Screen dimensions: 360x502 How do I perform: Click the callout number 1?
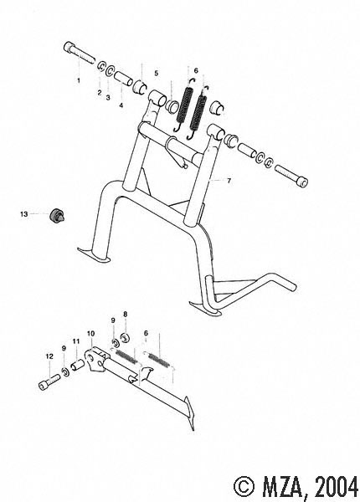pyautogui.click(x=79, y=80)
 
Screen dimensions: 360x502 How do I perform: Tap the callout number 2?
pyautogui.click(x=100, y=93)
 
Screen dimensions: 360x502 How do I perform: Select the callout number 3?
pyautogui.click(x=108, y=97)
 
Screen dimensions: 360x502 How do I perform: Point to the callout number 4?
pyautogui.click(x=121, y=105)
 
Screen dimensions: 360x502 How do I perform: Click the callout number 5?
pyautogui.click(x=156, y=74)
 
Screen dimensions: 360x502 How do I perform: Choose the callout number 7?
pyautogui.click(x=229, y=181)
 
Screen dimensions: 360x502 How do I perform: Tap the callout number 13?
pyautogui.click(x=24, y=214)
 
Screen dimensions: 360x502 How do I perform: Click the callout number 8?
pyautogui.click(x=126, y=314)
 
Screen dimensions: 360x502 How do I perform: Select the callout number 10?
pyautogui.click(x=91, y=334)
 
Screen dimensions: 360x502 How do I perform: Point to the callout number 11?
pyautogui.click(x=75, y=341)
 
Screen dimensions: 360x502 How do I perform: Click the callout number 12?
pyautogui.click(x=49, y=356)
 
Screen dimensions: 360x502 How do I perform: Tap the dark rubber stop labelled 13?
pyautogui.click(x=57, y=215)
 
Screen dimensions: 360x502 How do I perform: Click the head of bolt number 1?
pyautogui.click(x=69, y=48)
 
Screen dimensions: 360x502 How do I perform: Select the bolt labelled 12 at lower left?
pyautogui.click(x=49, y=381)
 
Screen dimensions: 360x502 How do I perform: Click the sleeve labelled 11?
pyautogui.click(x=78, y=365)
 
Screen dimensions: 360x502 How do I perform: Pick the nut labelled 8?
pyautogui.click(x=124, y=337)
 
